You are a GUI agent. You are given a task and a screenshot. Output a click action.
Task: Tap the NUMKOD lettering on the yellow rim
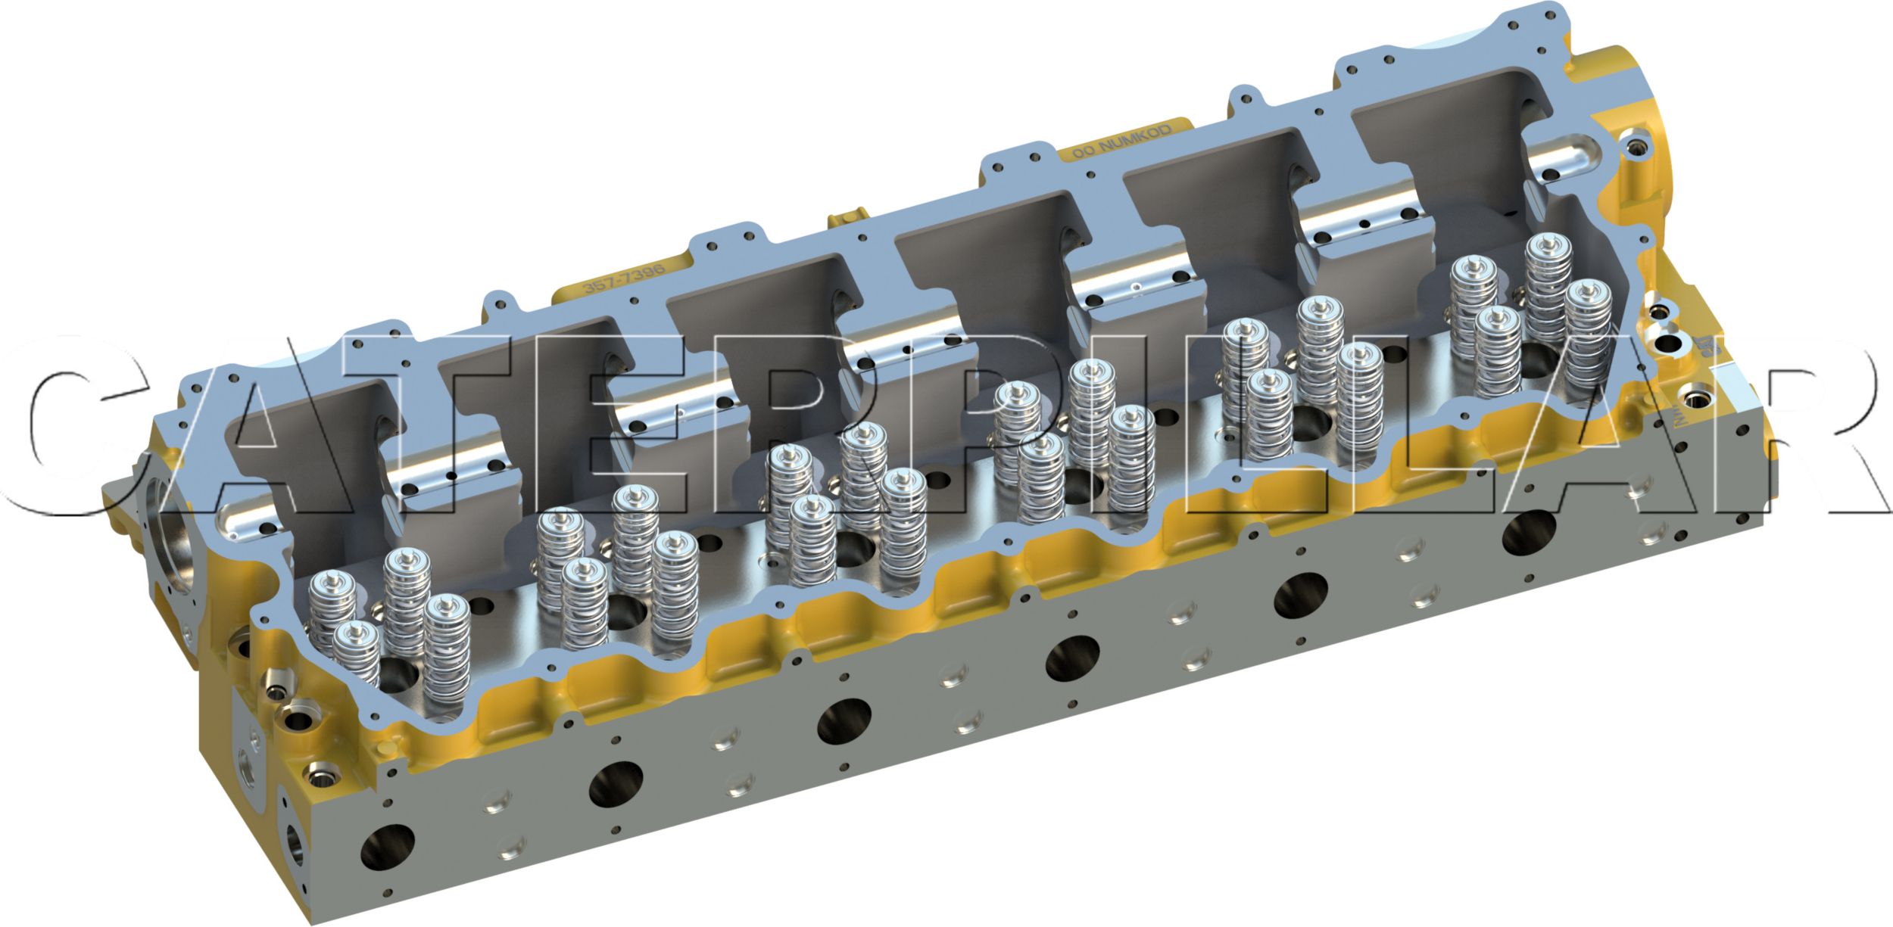click(x=1122, y=141)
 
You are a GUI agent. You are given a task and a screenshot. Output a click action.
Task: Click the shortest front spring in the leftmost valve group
click(x=357, y=655)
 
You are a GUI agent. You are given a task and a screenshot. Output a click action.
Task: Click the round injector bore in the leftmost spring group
click(x=394, y=673)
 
